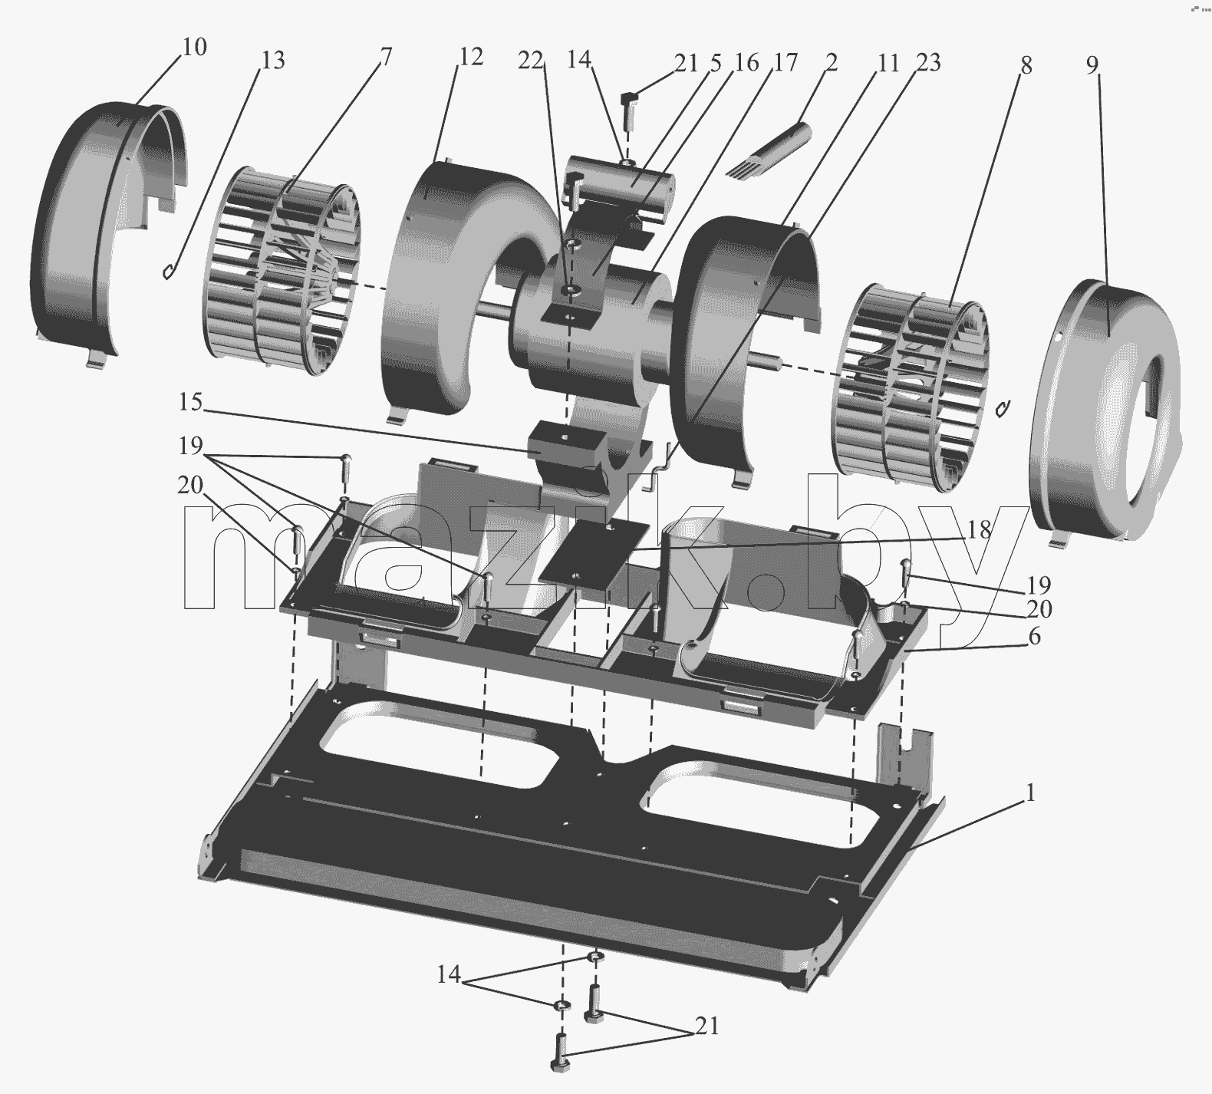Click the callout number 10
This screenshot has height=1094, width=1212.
pos(195,47)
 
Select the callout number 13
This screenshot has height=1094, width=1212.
pos(272,60)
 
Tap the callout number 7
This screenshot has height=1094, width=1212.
pos(386,57)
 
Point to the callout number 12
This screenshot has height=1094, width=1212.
pos(471,56)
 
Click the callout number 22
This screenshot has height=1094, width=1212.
pos(529,61)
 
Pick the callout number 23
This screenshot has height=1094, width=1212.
pos(928,62)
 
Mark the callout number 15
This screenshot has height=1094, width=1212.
pos(191,401)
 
